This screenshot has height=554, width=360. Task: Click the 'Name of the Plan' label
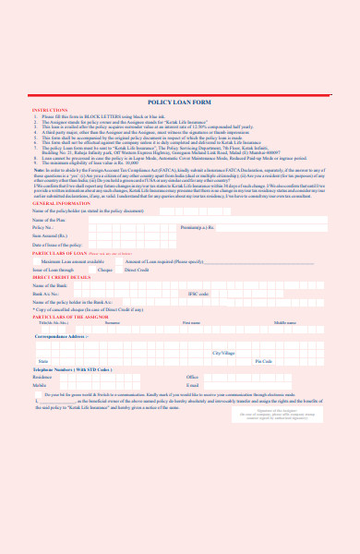[x=50, y=221]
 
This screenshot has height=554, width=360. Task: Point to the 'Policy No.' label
[x=43, y=227]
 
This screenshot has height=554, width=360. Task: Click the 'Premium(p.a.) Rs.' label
[x=198, y=227]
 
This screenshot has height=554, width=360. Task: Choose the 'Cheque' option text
[x=104, y=270]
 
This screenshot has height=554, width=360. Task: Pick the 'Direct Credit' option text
[x=137, y=270]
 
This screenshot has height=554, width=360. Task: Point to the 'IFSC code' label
[x=198, y=294]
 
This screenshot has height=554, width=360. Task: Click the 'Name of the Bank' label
[x=50, y=285]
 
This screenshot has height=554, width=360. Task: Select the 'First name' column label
[x=192, y=322]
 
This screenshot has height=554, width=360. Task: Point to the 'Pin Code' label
[x=263, y=361]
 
